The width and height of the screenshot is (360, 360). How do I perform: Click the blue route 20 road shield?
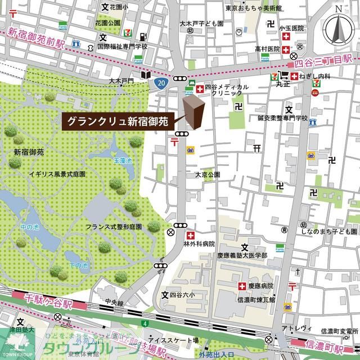click(x=161, y=83)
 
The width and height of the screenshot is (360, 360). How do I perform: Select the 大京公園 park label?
click(x=206, y=175)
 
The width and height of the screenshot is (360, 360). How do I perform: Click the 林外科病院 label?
click(x=199, y=244)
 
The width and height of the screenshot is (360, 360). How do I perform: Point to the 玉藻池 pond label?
click(x=124, y=161)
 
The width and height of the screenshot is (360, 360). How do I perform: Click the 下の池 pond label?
click(x=78, y=265)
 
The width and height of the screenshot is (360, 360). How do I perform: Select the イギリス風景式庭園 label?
click(x=57, y=175)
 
